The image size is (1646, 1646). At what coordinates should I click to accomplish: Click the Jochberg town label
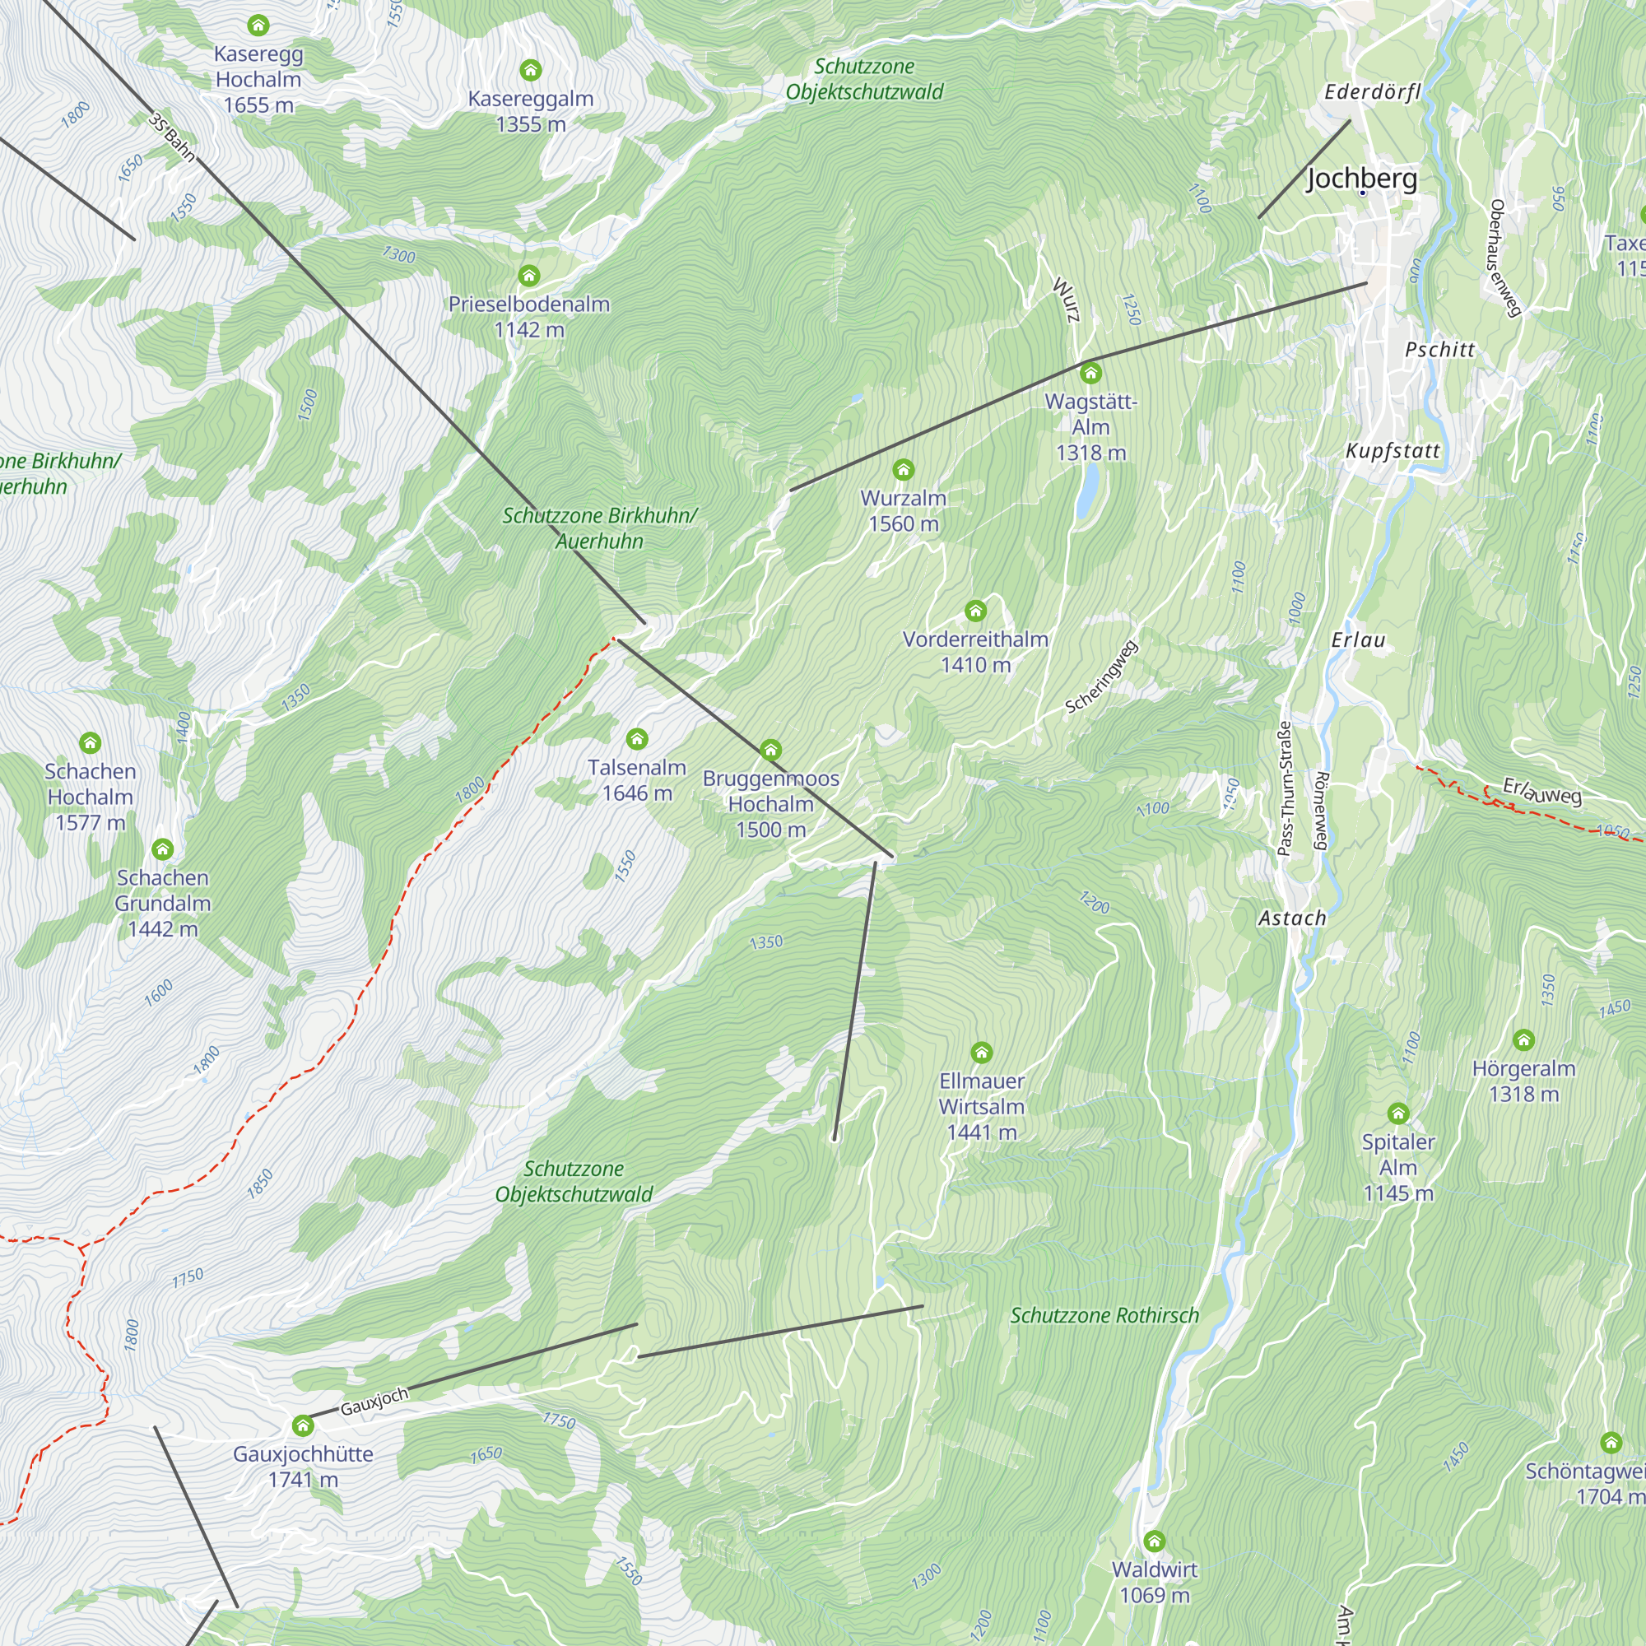1361,178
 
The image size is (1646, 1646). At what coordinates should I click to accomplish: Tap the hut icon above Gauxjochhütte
302,1425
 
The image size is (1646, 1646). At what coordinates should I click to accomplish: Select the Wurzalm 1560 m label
903,510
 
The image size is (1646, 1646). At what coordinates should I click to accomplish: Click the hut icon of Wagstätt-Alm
1090,372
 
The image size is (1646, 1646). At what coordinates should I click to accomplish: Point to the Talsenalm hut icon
636,739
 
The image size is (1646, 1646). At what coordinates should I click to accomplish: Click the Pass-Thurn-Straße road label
1285,788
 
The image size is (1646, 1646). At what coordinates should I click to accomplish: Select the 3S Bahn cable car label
171,138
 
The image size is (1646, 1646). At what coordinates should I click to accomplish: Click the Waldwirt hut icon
1154,1541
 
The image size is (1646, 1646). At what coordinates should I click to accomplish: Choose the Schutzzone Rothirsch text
1104,1315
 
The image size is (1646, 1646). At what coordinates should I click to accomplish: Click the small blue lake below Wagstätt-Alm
1086,492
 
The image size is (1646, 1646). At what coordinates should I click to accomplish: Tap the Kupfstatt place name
1393,451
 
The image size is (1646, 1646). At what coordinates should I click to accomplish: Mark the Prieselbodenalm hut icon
529,275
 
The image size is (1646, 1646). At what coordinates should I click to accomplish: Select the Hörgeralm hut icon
1523,1039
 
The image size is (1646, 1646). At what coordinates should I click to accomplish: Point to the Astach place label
1291,918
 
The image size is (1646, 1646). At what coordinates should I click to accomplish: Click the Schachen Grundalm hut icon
163,849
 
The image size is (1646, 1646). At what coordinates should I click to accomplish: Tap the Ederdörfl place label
1372,92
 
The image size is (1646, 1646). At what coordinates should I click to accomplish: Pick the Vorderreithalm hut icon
975,610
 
